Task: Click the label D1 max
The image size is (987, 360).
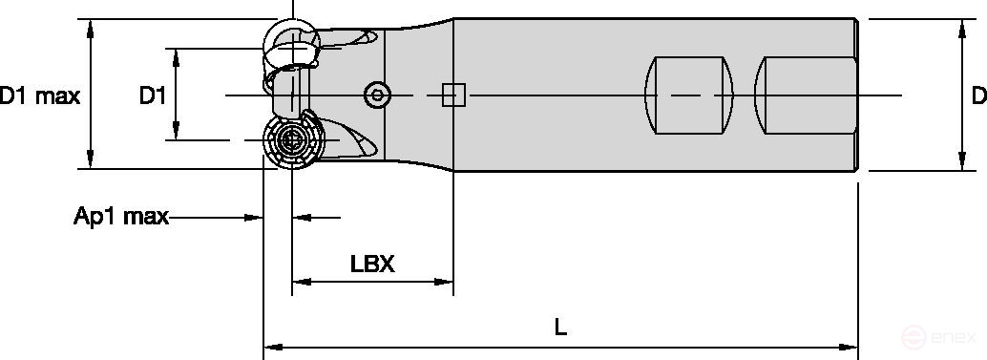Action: click(x=39, y=95)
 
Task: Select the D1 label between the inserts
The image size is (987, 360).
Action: click(x=153, y=95)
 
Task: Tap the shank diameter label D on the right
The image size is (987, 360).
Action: click(x=977, y=95)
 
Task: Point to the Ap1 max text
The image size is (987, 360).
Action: click(x=121, y=217)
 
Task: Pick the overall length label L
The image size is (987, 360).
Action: click(x=560, y=327)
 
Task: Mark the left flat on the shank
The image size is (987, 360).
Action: click(x=689, y=95)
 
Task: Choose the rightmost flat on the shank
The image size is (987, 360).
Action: click(x=804, y=95)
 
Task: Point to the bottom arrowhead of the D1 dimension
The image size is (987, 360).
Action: click(x=177, y=132)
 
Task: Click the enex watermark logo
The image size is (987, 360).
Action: click(x=940, y=336)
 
